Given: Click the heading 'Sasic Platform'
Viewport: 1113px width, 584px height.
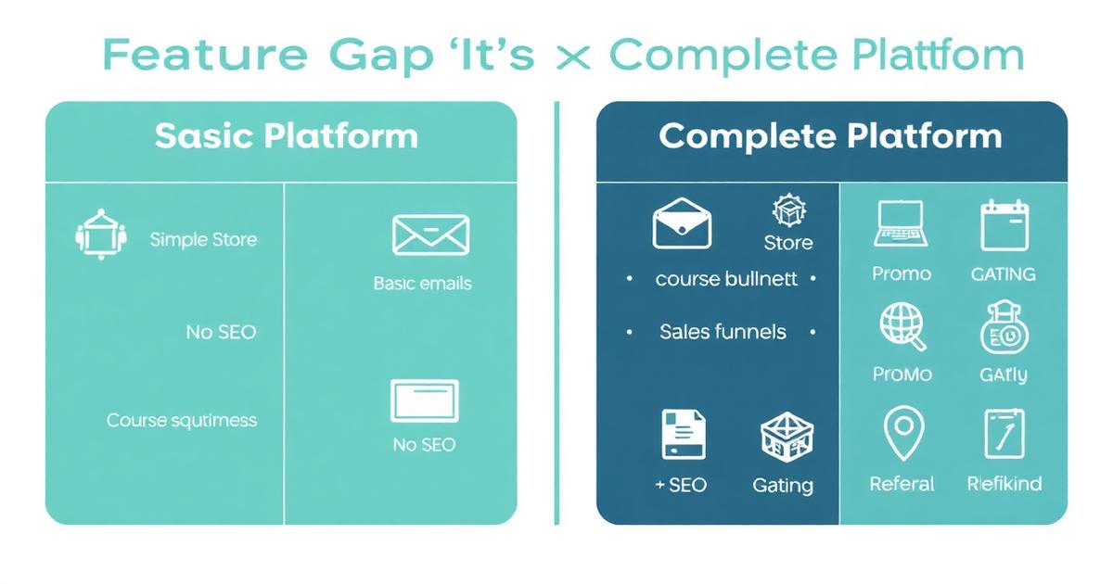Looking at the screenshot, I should [286, 136].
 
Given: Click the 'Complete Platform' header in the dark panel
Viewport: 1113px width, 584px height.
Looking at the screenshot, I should [830, 136].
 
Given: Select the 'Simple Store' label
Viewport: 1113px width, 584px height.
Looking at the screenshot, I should [203, 239].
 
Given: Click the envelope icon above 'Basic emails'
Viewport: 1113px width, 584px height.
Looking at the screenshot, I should [430, 235].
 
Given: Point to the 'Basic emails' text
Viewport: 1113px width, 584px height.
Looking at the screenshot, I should [422, 284].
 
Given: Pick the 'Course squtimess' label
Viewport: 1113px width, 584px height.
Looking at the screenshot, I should [182, 420].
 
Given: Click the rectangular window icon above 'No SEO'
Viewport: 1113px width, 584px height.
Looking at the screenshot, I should [424, 401].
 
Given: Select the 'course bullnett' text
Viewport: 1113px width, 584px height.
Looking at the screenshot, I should [726, 279].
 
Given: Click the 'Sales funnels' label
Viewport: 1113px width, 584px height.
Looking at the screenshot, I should [723, 332].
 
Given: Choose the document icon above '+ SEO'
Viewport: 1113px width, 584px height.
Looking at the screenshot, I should [684, 435].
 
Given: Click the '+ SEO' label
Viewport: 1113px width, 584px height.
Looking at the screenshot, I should [680, 485].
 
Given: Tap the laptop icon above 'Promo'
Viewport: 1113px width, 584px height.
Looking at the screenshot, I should [900, 225].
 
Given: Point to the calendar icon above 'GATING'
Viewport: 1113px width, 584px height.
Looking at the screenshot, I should [1005, 224].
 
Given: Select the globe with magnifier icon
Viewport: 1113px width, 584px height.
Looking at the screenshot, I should [902, 327].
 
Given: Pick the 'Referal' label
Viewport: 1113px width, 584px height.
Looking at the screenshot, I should [902, 484].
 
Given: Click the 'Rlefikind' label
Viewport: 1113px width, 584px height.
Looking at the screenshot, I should [1004, 484].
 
